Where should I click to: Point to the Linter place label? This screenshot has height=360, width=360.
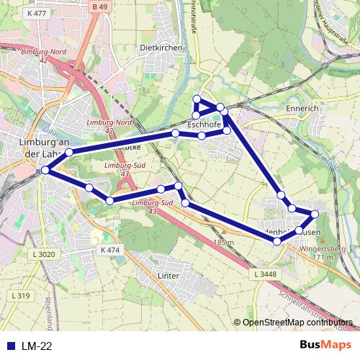point(168,275)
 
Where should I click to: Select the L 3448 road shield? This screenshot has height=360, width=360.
point(266,274)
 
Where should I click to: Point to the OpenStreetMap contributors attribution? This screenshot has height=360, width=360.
point(297,323)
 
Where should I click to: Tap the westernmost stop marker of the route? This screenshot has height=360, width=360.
point(46,170)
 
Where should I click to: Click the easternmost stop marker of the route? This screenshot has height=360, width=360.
point(314,214)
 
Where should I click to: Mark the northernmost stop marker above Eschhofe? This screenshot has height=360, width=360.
point(196,99)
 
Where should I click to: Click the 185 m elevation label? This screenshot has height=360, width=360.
point(224,243)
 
